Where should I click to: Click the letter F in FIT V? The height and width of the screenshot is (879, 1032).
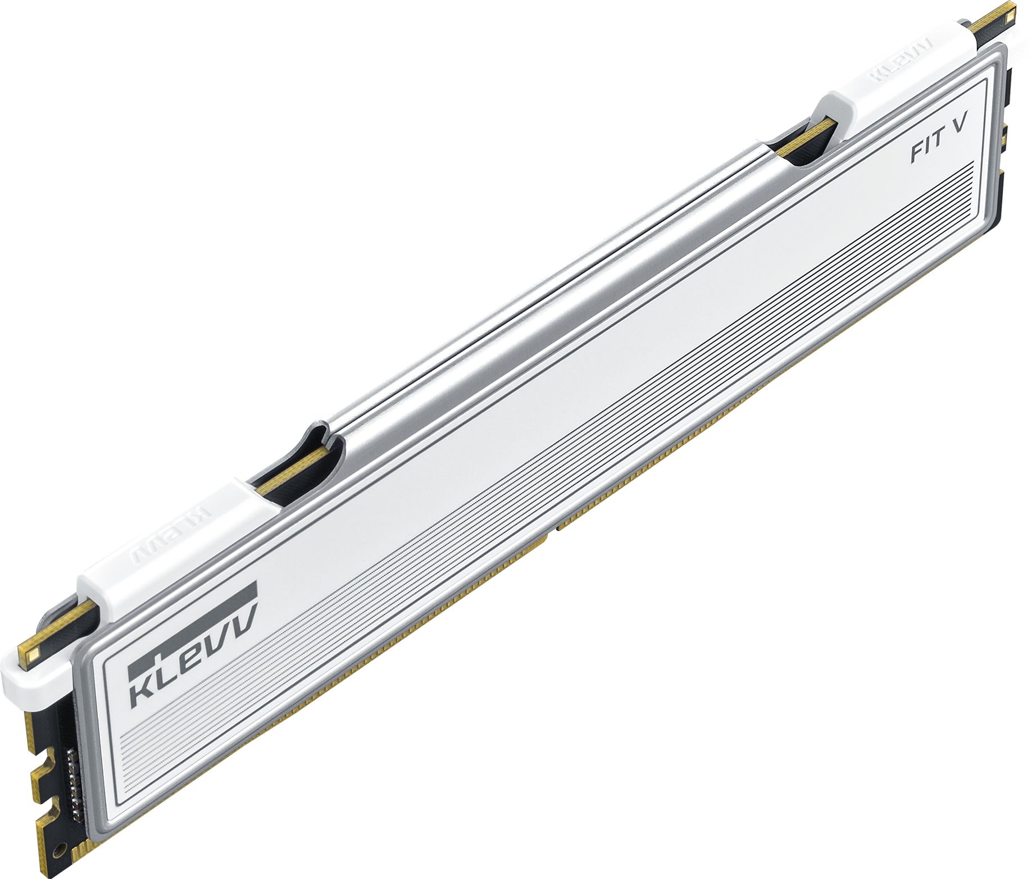(x=918, y=155)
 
